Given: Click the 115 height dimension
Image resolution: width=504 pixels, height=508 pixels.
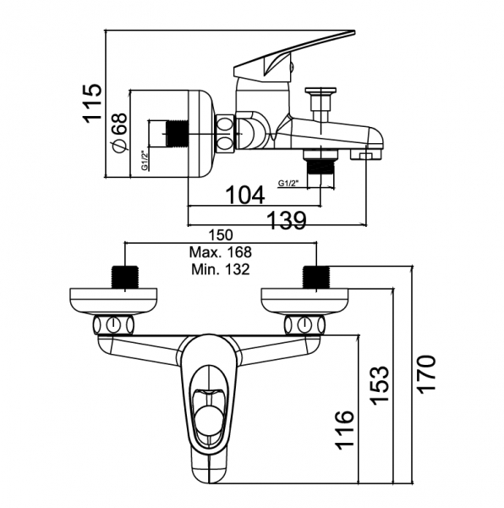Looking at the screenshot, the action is pyautogui.click(x=93, y=103).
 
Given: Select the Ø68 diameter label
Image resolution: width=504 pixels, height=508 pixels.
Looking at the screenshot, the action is pyautogui.click(x=119, y=134).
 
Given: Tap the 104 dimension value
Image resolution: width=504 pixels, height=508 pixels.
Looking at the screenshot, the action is pyautogui.click(x=245, y=195).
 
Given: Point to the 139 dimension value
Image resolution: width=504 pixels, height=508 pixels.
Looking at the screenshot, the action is pyautogui.click(x=287, y=220).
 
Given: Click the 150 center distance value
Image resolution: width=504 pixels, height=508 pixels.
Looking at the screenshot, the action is pyautogui.click(x=221, y=235).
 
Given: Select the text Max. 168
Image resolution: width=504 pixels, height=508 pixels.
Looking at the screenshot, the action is pyautogui.click(x=221, y=252).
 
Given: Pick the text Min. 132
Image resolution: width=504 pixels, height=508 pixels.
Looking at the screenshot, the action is pyautogui.click(x=221, y=269).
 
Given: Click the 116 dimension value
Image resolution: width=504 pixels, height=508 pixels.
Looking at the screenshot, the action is pyautogui.click(x=344, y=430).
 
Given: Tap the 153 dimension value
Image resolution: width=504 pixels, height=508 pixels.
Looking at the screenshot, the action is pyautogui.click(x=379, y=385).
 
